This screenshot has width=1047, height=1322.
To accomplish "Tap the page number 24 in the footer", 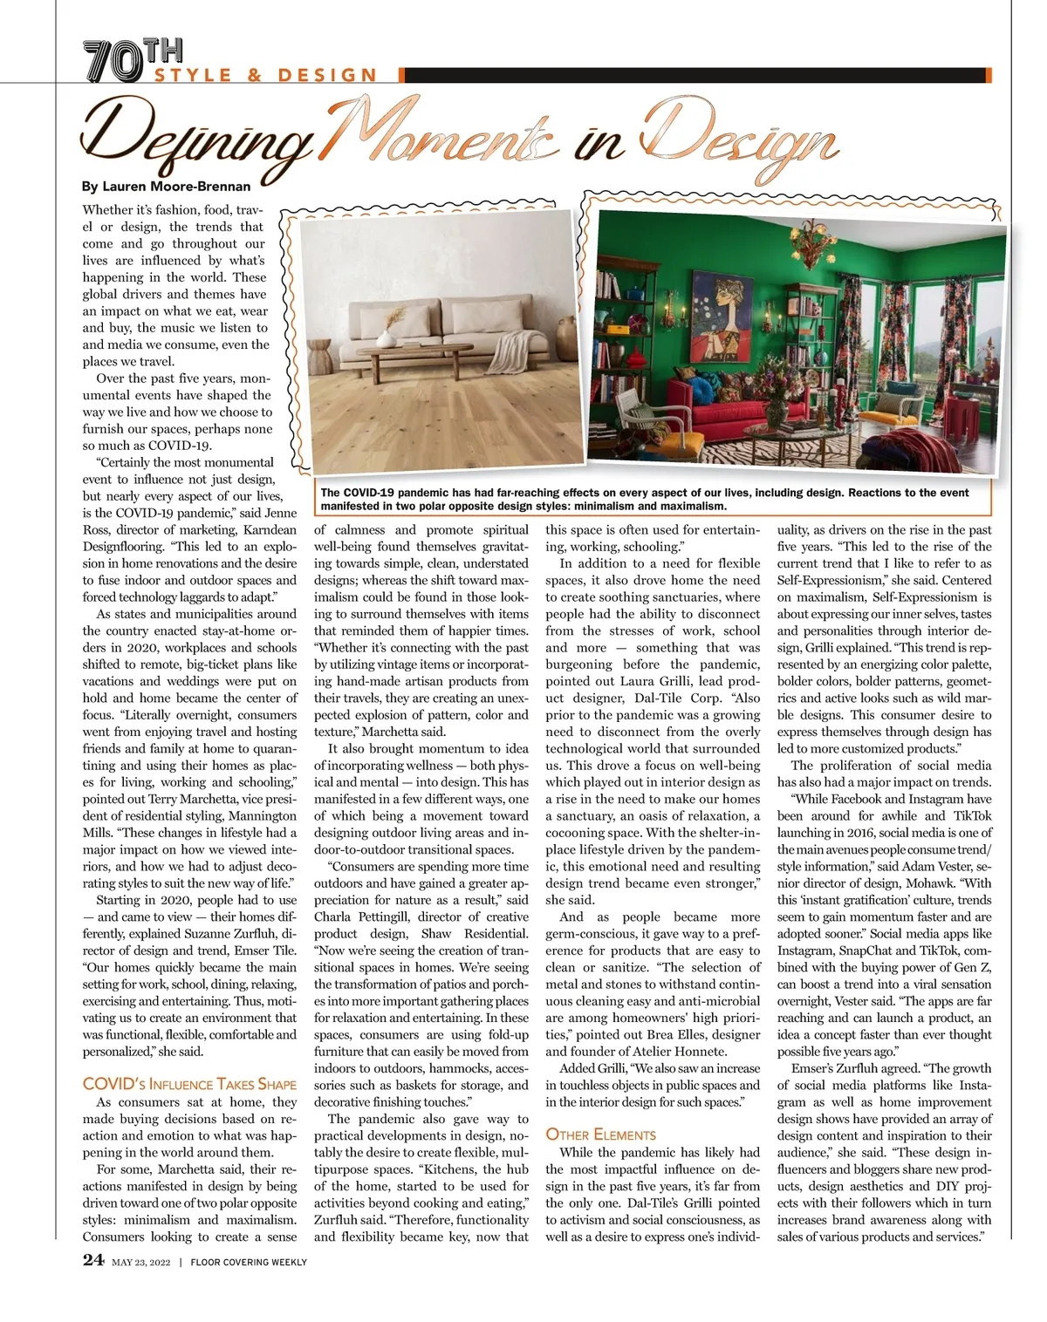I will [93, 1260].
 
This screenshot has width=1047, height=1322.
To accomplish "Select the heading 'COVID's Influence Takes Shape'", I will [189, 1085].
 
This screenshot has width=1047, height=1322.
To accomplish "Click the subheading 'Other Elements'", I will [600, 1135].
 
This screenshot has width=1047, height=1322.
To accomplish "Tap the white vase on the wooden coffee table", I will [386, 336].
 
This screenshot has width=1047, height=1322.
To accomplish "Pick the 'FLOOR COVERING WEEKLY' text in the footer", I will [249, 1262].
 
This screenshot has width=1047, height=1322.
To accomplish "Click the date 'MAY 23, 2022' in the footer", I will [140, 1262].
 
